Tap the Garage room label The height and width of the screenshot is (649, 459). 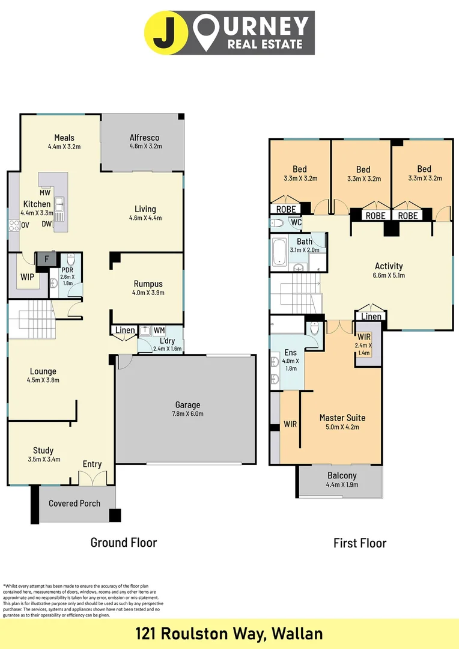pyautogui.click(x=187, y=405)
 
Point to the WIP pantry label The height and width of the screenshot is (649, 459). pyautogui.click(x=28, y=278)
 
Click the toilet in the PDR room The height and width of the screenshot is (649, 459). pyautogui.click(x=70, y=261)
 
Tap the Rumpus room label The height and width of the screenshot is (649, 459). pyautogui.click(x=148, y=284)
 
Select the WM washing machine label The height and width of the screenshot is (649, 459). pyautogui.click(x=159, y=331)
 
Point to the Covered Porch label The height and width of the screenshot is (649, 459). pyautogui.click(x=74, y=503)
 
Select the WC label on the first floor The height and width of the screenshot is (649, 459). pyautogui.click(x=296, y=222)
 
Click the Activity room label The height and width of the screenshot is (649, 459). pyautogui.click(x=389, y=266)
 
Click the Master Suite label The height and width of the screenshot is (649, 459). pyautogui.click(x=342, y=418)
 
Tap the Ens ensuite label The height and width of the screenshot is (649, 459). pyautogui.click(x=290, y=352)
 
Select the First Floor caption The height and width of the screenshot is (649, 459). pyautogui.click(x=360, y=543)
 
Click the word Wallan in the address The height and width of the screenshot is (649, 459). pyautogui.click(x=297, y=633)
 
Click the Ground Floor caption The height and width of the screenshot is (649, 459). pyautogui.click(x=123, y=543)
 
